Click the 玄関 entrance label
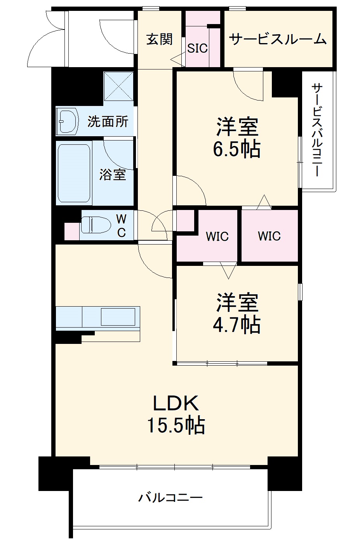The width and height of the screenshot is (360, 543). pos(159,39)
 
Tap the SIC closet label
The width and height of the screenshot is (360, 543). pos(197,48)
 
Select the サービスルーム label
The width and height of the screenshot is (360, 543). pos(277,39)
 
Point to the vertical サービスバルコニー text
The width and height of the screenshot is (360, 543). pos(317,130)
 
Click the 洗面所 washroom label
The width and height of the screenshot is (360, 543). pos(107,121)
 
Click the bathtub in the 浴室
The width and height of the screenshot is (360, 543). pos(74,173)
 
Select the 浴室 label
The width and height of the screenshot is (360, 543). pos(112,174)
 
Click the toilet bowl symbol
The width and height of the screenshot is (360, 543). pos(95,225)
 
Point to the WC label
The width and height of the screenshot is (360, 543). pos(121,226)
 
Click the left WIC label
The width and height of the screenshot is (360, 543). pos(217,236)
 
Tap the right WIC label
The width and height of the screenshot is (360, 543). pos(269,236)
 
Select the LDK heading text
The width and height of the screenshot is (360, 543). pos(176,404)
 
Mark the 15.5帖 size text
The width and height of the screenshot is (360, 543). pos(176,425)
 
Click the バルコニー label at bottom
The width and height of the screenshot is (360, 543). pos(170,497)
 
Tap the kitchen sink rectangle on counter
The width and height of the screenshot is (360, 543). pos(118,316)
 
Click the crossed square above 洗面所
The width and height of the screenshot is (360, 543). pos(118,86)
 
